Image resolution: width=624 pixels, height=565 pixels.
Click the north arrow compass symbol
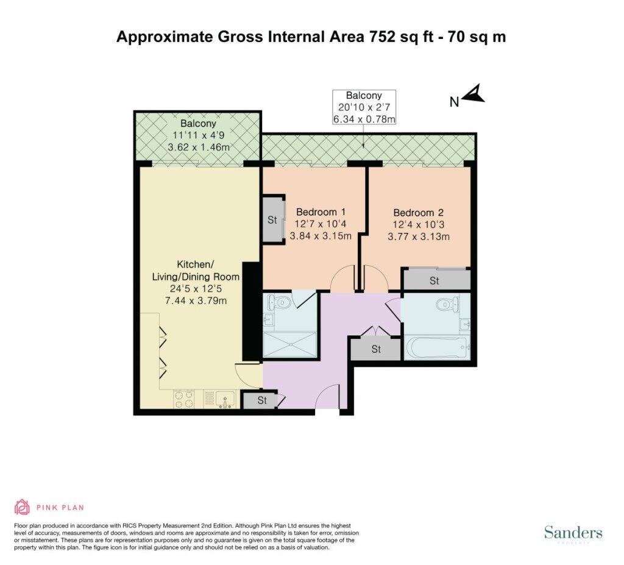pyautogui.click(x=474, y=94)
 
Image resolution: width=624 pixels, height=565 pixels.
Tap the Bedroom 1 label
pyautogui.click(x=321, y=211)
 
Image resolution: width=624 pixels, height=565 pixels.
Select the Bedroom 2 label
pyautogui.click(x=418, y=213)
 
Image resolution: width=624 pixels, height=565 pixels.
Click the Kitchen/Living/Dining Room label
pyautogui.click(x=196, y=271)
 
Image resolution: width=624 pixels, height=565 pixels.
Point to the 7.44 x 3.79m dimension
pyautogui.click(x=196, y=300)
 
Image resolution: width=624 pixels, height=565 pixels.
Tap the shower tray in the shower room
pyautogui.click(x=290, y=344)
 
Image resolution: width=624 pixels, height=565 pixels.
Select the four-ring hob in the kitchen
pyautogui.click(x=184, y=399)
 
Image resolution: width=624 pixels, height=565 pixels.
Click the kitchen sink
pyautogui.click(x=225, y=400)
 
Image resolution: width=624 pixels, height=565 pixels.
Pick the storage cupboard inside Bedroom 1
pyautogui.click(x=272, y=219)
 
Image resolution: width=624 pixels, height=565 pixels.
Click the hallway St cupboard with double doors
pyautogui.click(x=375, y=349)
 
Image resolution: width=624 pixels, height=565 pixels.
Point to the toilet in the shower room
pyautogui.click(x=279, y=302)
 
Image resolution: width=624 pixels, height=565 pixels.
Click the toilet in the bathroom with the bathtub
pyautogui.click(x=445, y=304)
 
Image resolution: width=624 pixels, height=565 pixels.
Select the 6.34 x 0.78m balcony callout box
pyautogui.click(x=364, y=107)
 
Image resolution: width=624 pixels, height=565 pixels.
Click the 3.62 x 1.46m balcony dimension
pyautogui.click(x=199, y=147)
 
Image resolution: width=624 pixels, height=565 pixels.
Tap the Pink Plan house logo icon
pyautogui.click(x=23, y=507)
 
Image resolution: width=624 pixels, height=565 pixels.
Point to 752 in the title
pyautogui.click(x=383, y=37)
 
